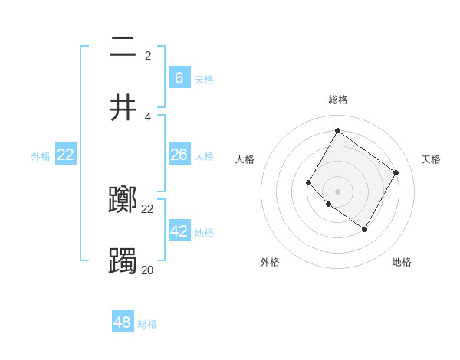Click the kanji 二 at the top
click(123, 47)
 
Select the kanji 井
click(123, 107)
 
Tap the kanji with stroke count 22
click(123, 201)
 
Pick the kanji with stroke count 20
click(123, 262)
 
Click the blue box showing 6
click(179, 77)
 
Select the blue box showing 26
click(179, 155)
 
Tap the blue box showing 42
click(179, 231)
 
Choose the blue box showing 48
click(123, 322)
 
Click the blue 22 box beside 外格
click(66, 155)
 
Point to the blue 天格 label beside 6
click(204, 80)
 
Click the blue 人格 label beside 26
click(204, 156)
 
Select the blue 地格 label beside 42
click(204, 233)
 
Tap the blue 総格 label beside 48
click(147, 324)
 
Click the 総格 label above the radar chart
click(337, 100)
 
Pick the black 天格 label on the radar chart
click(431, 159)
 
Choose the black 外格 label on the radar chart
click(270, 262)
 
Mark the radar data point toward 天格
click(396, 172)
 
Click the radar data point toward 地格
click(365, 229)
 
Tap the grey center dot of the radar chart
click(337, 191)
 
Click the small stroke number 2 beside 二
click(148, 55)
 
